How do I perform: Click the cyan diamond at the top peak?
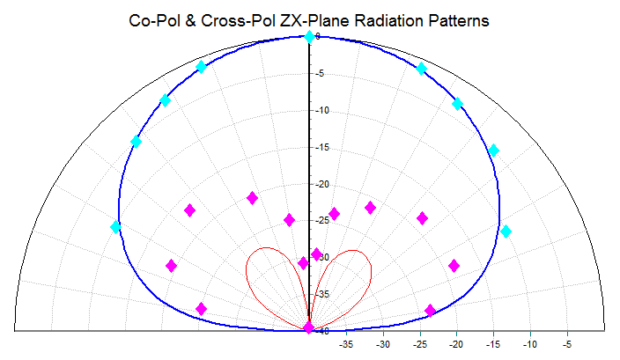pyautogui.click(x=309, y=36)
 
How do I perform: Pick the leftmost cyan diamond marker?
pyautogui.click(x=115, y=227)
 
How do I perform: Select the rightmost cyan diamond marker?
pyautogui.click(x=506, y=231)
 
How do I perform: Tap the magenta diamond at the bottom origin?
pyautogui.click(x=308, y=327)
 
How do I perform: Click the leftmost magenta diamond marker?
pyautogui.click(x=172, y=265)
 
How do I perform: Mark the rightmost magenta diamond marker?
pyautogui.click(x=454, y=265)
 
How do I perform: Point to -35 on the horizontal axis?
pyautogui.click(x=346, y=344)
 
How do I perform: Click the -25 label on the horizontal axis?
pyautogui.click(x=420, y=344)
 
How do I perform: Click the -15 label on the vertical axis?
pyautogui.click(x=322, y=147)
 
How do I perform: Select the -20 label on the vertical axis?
pyautogui.click(x=322, y=184)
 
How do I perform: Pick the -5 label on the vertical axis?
pyautogui.click(x=322, y=73)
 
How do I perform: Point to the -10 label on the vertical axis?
pyautogui.click(x=322, y=110)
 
